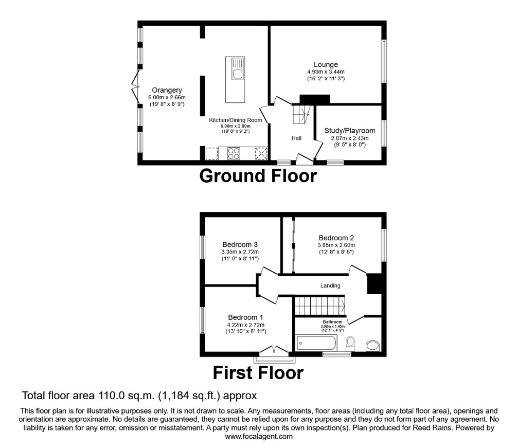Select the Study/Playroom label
pyautogui.click(x=349, y=130)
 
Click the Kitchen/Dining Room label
pyautogui.click(x=235, y=120)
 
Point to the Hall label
pyautogui.click(x=296, y=138)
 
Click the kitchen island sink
pyautogui.click(x=237, y=74)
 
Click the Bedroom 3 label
pyautogui.click(x=240, y=244)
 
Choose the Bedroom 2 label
pyautogui.click(x=336, y=238)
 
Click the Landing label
pyautogui.click(x=330, y=285)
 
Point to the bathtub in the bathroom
pyautogui.click(x=316, y=343)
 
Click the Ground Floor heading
pyautogui.click(x=258, y=176)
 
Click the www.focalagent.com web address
pyautogui.click(x=259, y=436)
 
